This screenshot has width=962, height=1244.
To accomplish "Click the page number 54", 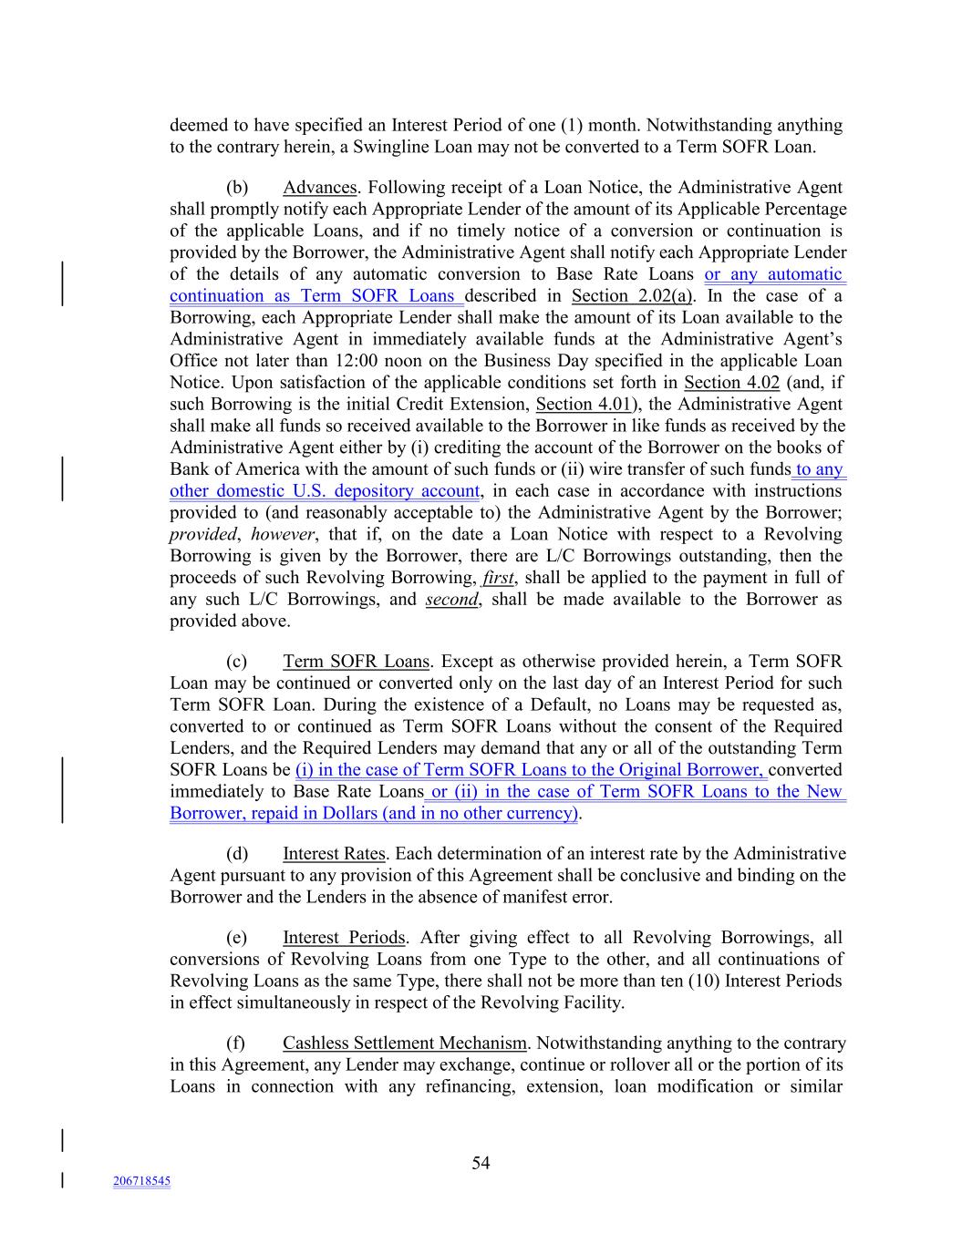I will point(481,1163).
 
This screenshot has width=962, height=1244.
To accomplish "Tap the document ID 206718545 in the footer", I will point(141,1181).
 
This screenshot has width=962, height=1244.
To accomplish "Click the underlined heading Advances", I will point(319,188).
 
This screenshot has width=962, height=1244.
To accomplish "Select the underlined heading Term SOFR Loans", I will point(356,662).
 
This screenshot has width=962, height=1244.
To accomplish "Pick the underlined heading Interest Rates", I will point(335,854).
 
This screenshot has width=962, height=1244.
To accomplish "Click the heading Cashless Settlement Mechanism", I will point(405,1044).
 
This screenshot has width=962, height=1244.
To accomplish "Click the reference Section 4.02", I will point(731,383).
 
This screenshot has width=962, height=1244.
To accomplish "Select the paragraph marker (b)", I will point(237,188).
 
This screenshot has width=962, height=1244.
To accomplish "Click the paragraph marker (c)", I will point(237,662).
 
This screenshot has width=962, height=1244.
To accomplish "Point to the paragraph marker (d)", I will point(237,854).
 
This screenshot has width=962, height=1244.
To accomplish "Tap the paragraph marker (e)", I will point(237,938).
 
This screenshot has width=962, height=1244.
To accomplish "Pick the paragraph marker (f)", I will point(236,1044).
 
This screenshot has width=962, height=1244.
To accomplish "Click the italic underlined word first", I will point(499,578).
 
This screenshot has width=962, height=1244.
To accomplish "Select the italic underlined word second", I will point(451,600).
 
